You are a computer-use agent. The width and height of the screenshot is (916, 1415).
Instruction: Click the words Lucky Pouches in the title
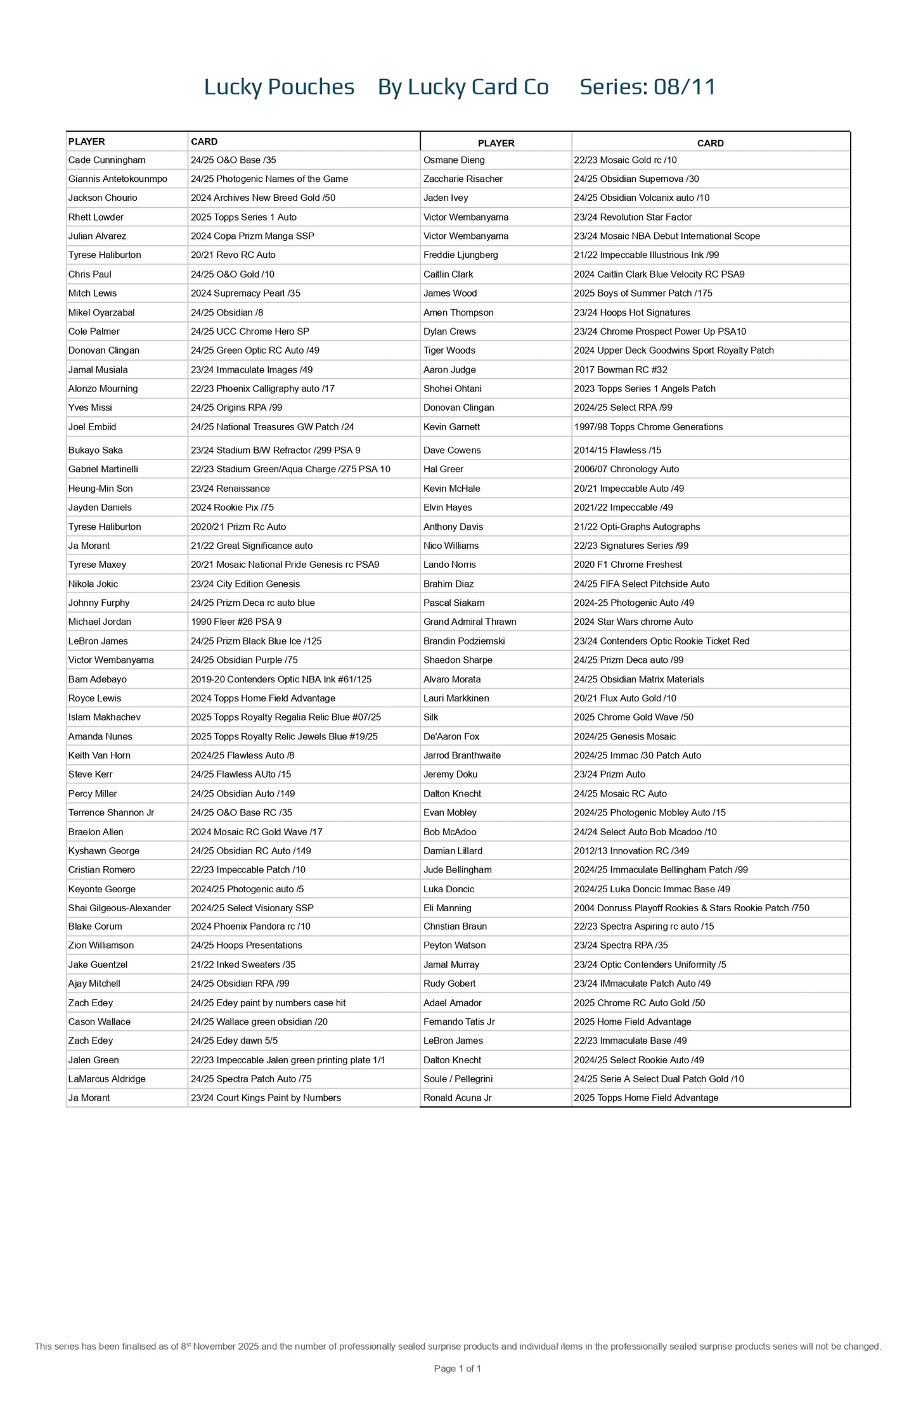point(279,87)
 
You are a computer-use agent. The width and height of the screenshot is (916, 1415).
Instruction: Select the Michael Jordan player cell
point(100,622)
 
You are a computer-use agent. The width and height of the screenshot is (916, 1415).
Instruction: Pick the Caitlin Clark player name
point(448,274)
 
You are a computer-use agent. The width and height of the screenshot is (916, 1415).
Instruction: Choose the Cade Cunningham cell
point(106,160)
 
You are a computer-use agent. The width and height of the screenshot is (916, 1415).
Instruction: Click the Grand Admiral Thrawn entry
point(470,622)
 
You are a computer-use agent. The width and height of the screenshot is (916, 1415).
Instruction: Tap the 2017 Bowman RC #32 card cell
point(620,369)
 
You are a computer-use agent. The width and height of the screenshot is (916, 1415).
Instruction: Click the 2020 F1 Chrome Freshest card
point(628,565)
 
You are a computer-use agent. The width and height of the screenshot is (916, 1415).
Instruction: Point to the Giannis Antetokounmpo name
point(118,179)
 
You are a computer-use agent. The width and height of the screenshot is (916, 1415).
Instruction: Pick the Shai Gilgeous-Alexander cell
point(119,908)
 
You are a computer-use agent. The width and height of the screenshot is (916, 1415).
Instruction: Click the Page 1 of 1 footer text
point(458,1369)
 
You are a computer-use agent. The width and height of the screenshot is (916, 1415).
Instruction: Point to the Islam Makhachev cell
point(105,717)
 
